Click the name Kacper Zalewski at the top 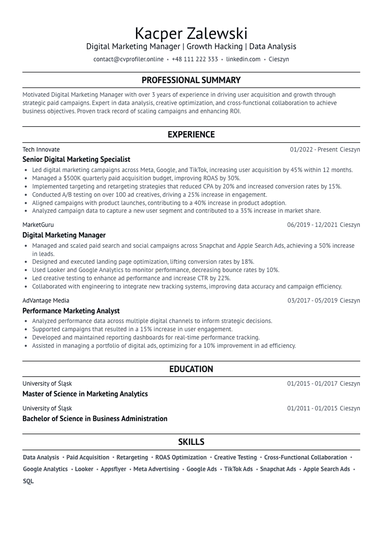(x=191, y=34)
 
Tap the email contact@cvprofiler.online (x=128, y=59)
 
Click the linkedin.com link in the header (x=243, y=59)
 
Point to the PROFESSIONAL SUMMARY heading (x=191, y=80)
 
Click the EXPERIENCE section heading (x=191, y=135)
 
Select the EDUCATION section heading (x=191, y=369)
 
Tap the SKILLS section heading (x=191, y=442)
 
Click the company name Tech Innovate (x=41, y=150)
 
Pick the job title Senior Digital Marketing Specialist (x=76, y=159)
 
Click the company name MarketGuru (x=38, y=225)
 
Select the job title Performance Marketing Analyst (x=71, y=311)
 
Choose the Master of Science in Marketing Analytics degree (x=85, y=394)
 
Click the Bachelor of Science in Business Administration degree (x=95, y=419)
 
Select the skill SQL (x=28, y=481)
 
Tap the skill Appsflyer (x=113, y=469)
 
